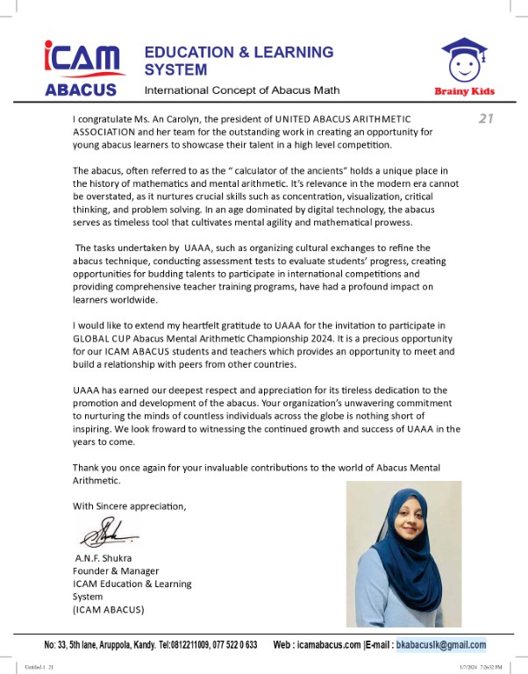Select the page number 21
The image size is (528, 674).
point(487,119)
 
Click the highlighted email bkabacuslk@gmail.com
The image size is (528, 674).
point(441,645)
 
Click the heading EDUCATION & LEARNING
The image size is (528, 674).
point(239,52)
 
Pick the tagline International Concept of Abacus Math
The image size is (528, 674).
point(241,90)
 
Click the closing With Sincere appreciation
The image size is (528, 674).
point(129,505)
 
